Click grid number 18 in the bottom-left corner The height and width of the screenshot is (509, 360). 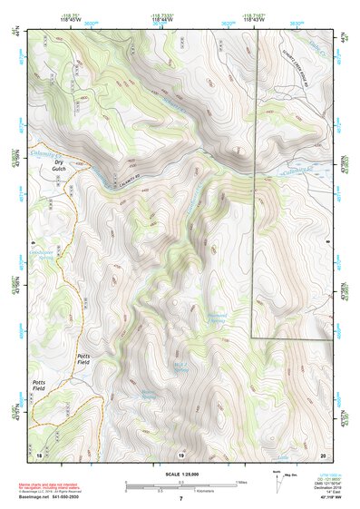point(40,454)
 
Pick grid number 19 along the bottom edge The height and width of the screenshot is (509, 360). point(180,454)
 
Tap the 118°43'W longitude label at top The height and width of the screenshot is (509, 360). point(255,16)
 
